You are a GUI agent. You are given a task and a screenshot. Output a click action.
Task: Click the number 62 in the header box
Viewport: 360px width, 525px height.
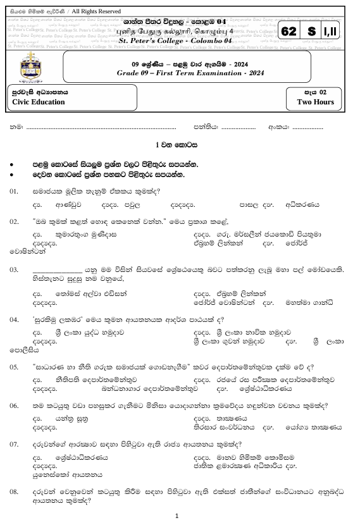coord(289,32)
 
